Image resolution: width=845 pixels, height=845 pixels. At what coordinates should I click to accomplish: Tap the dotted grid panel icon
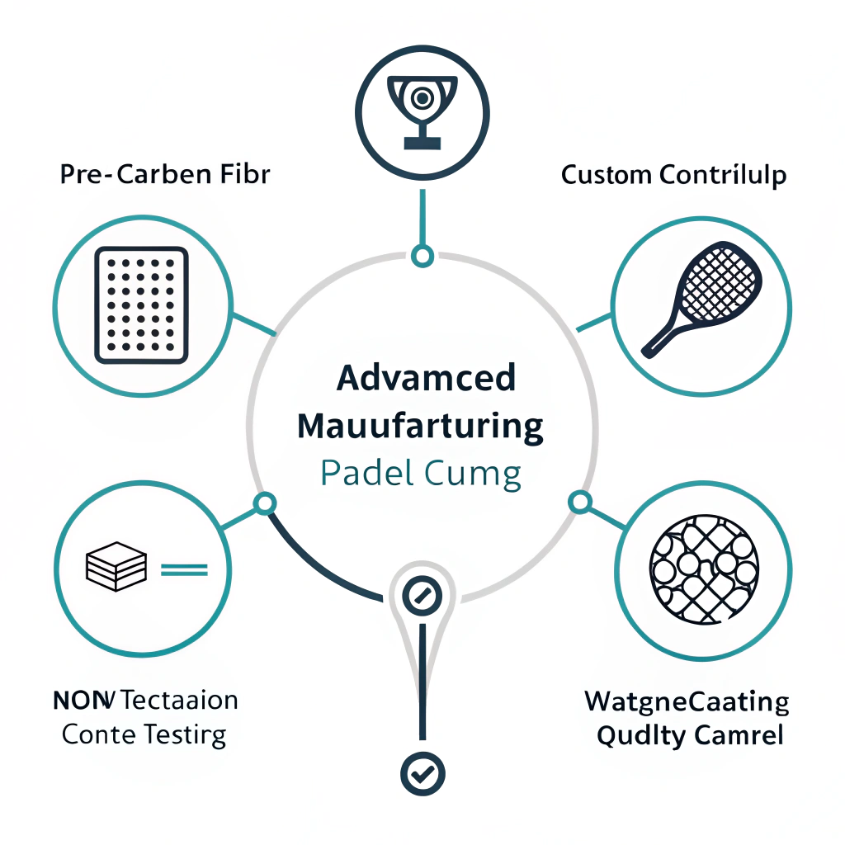point(142,304)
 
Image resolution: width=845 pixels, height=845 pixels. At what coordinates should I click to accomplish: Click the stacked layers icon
point(116,566)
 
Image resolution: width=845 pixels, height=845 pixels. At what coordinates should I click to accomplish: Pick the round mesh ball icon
point(704,569)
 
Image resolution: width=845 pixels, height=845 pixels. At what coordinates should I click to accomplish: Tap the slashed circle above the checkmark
point(422,594)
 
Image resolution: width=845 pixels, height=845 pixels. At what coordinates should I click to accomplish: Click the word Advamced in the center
point(426,378)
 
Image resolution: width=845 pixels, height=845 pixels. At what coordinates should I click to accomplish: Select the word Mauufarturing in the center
point(420,427)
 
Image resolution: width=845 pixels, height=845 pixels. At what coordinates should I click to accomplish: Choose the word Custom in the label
point(607,175)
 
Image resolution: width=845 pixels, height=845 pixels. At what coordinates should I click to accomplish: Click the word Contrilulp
point(724,176)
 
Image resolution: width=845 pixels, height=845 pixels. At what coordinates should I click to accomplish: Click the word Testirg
point(184,735)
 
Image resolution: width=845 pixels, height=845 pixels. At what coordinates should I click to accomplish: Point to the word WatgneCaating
point(687,703)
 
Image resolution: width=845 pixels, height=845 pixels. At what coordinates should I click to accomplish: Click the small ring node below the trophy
point(422,256)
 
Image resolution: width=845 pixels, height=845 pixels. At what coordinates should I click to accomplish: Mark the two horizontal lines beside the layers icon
point(183,569)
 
